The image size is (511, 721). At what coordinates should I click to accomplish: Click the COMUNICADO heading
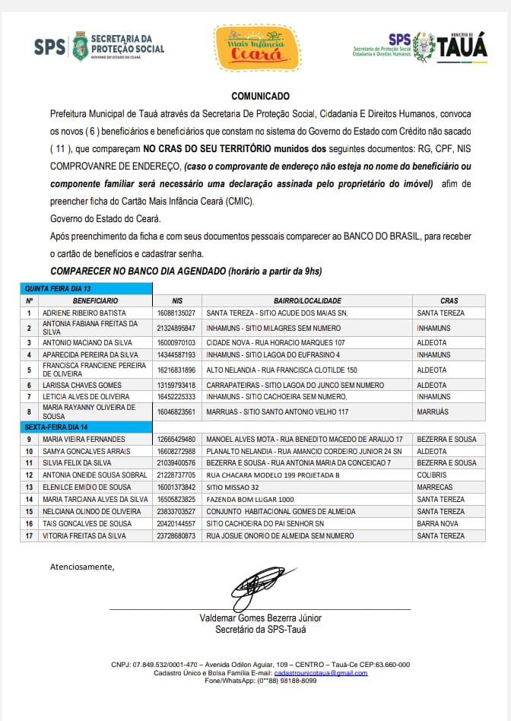point(260,97)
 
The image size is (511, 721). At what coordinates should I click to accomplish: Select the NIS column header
point(177,301)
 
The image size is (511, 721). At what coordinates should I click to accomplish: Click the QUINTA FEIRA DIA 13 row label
point(58,289)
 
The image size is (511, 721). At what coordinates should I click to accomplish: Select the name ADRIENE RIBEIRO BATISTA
point(83,313)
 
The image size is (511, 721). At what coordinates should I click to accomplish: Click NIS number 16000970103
point(176,343)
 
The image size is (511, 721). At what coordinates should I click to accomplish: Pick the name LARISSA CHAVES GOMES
point(82,386)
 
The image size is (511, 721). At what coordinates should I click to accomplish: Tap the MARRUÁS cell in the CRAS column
point(433,412)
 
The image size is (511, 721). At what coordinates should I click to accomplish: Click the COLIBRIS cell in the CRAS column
point(432,475)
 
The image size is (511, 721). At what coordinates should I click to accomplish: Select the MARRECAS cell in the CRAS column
point(434,488)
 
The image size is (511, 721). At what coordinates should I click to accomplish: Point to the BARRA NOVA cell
point(437,524)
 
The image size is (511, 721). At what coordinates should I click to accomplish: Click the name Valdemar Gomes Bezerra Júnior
point(260,618)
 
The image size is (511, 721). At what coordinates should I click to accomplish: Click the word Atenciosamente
point(82,567)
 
